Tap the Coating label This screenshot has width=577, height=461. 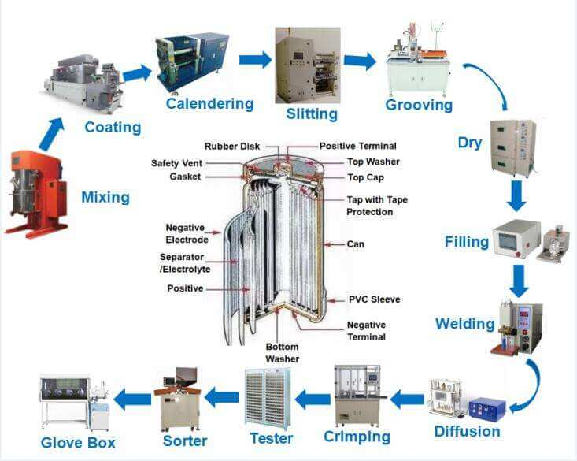pos(113,127)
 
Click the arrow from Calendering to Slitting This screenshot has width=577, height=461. pos(254,60)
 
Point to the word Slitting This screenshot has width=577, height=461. pos(312,113)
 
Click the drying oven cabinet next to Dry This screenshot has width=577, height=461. pos(512,146)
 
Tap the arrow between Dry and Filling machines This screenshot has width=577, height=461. pos(516,195)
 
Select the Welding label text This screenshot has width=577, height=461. pos(464,324)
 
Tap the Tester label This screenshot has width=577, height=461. pos(270,438)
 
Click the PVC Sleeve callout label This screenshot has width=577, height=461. pos(374,299)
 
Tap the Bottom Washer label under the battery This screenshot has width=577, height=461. pos(281,351)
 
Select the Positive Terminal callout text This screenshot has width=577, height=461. pos(357,146)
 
